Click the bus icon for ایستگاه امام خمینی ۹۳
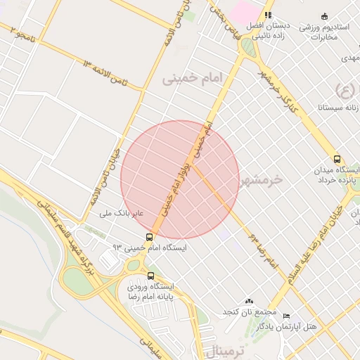click(150, 238)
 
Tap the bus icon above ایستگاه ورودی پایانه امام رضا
click(150, 276)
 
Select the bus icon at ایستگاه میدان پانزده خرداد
click(338, 160)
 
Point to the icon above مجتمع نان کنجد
click(248, 301)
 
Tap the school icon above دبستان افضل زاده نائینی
click(268, 15)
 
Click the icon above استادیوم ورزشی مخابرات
click(323, 16)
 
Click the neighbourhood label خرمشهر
click(260, 180)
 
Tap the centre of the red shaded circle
click(180, 179)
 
